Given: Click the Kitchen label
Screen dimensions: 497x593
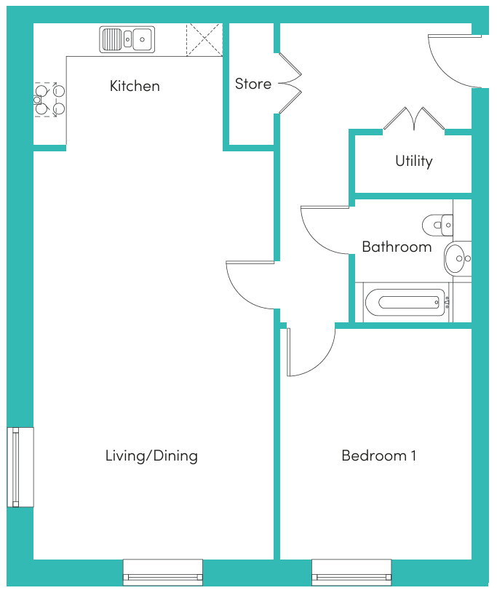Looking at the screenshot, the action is click(x=135, y=86).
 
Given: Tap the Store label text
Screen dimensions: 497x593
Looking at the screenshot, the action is click(x=253, y=84).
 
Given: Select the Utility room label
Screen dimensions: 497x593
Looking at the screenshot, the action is click(x=414, y=161).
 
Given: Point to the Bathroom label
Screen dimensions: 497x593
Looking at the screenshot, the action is click(x=397, y=247).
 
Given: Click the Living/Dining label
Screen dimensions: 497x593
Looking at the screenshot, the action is click(x=151, y=455).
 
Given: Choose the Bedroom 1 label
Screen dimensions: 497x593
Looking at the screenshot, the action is click(x=378, y=455).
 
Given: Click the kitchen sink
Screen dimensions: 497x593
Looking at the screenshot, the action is click(x=127, y=39).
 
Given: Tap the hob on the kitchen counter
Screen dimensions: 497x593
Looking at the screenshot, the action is click(x=49, y=100).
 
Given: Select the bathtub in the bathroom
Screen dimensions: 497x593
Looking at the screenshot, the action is click(x=405, y=302).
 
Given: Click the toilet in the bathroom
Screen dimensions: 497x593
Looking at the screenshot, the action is click(x=437, y=225).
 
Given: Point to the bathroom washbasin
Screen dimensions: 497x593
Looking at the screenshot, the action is click(x=457, y=259).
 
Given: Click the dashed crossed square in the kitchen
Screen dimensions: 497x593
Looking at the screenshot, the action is click(x=204, y=40).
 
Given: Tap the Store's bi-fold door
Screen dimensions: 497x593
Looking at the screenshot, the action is click(x=290, y=83).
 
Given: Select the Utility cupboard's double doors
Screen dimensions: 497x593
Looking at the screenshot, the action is click(x=414, y=119).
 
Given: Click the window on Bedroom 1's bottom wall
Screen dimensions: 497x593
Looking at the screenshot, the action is click(x=351, y=572).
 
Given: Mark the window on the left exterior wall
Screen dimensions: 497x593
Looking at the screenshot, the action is click(x=20, y=467).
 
